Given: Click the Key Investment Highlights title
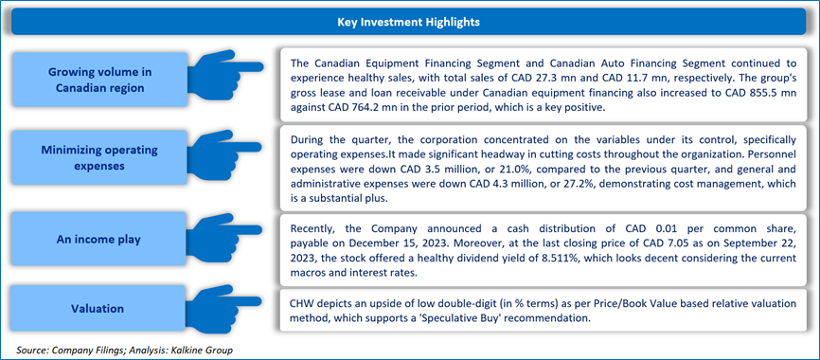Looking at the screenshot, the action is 409,23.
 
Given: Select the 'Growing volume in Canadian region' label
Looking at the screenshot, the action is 99,80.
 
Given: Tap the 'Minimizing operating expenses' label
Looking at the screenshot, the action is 99,157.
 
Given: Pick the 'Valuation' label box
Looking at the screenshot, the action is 99,309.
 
